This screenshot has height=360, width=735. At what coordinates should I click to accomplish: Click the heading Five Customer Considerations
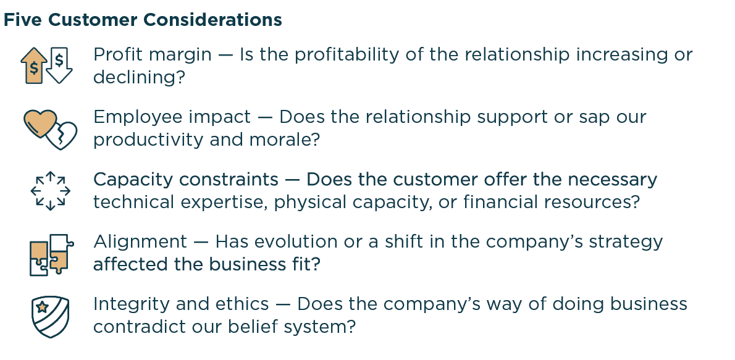click(x=143, y=20)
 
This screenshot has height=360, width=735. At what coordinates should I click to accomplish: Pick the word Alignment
click(x=140, y=241)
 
